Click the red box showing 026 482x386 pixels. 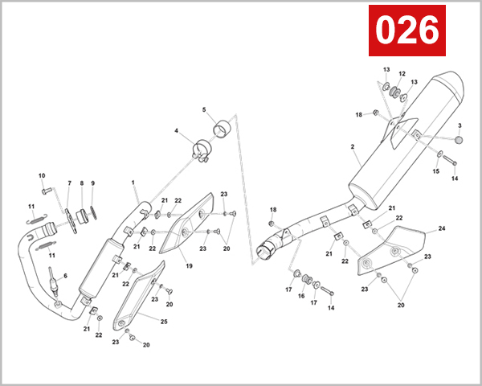coord(407,31)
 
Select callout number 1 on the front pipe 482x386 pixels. coord(133,183)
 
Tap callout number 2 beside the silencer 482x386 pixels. coord(352,147)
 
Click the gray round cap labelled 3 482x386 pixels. coord(460,139)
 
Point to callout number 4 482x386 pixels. coord(176,131)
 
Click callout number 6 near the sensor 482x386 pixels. coord(65,276)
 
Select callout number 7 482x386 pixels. coord(69,183)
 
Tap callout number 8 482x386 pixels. coord(81,183)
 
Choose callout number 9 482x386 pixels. coord(92,183)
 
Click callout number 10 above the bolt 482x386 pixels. coord(42,175)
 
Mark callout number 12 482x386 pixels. coord(402,74)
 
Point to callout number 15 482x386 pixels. coord(437,170)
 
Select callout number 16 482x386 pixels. coord(302,296)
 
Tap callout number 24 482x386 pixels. coord(441,229)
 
